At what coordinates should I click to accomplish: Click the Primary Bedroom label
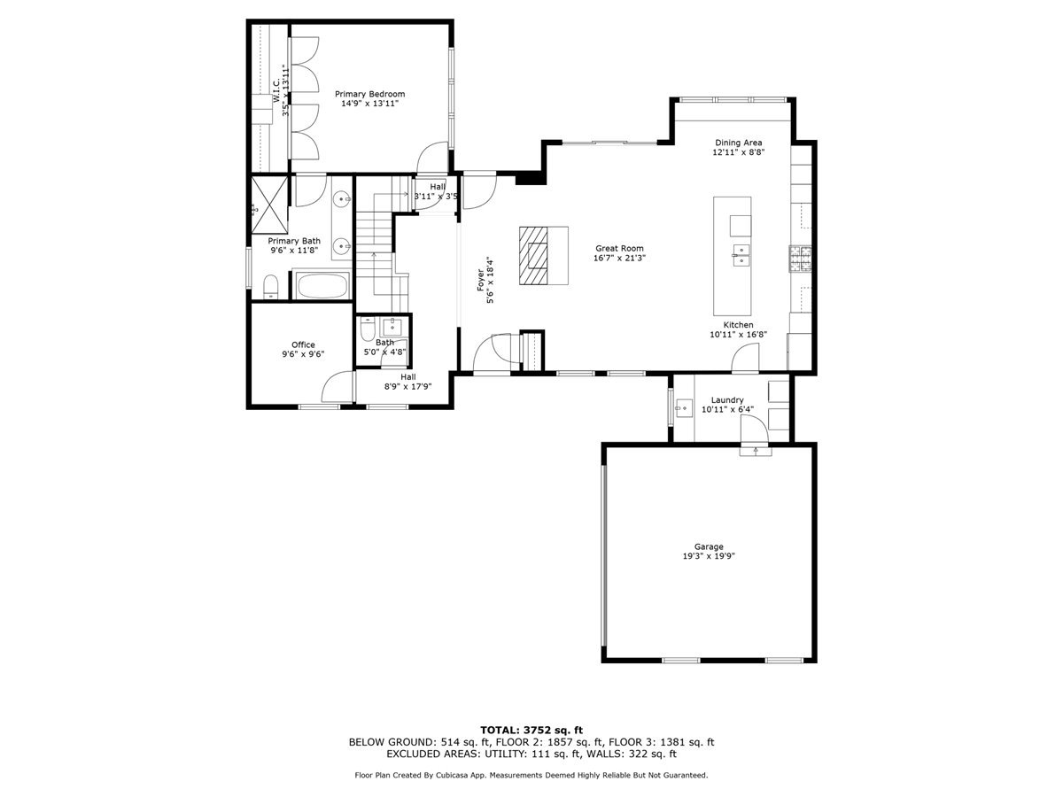click(x=369, y=94)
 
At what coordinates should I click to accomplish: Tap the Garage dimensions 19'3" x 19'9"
click(x=709, y=556)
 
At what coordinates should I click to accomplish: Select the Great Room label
click(x=619, y=249)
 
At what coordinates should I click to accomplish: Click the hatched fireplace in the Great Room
click(x=534, y=255)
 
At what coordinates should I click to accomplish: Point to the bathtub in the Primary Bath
click(x=321, y=286)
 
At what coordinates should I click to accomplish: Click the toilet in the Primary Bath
click(x=271, y=286)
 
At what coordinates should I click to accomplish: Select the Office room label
click(x=303, y=345)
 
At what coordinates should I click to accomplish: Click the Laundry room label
click(x=727, y=400)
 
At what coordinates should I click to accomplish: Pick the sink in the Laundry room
click(x=683, y=408)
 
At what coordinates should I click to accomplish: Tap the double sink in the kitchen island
click(x=740, y=258)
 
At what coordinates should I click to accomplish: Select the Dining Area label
click(x=738, y=143)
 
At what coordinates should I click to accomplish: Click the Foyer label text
click(x=481, y=281)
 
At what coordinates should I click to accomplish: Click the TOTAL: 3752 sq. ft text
click(x=531, y=730)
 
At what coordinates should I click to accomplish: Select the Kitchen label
click(x=738, y=325)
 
